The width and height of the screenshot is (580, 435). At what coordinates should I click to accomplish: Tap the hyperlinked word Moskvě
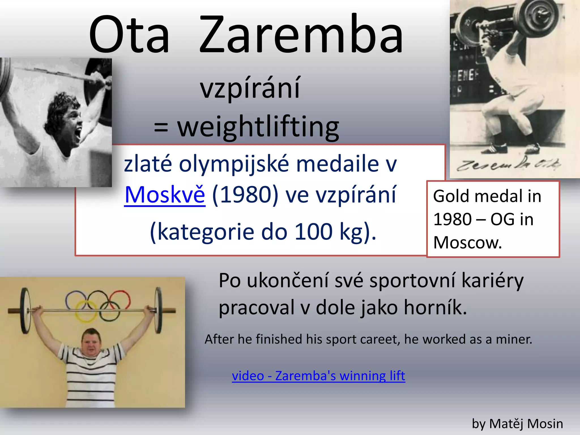coord(165,195)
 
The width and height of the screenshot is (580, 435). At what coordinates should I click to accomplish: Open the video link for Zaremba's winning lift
coord(318,376)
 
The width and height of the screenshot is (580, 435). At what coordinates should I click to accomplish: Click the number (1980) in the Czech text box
coord(245,195)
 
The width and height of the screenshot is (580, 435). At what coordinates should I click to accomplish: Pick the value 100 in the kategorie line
coord(313,232)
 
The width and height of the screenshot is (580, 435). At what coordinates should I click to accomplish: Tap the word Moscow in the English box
coord(467,243)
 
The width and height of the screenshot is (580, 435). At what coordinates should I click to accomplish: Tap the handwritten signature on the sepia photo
coord(508,164)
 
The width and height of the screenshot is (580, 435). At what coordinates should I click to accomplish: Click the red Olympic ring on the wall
coord(120,300)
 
